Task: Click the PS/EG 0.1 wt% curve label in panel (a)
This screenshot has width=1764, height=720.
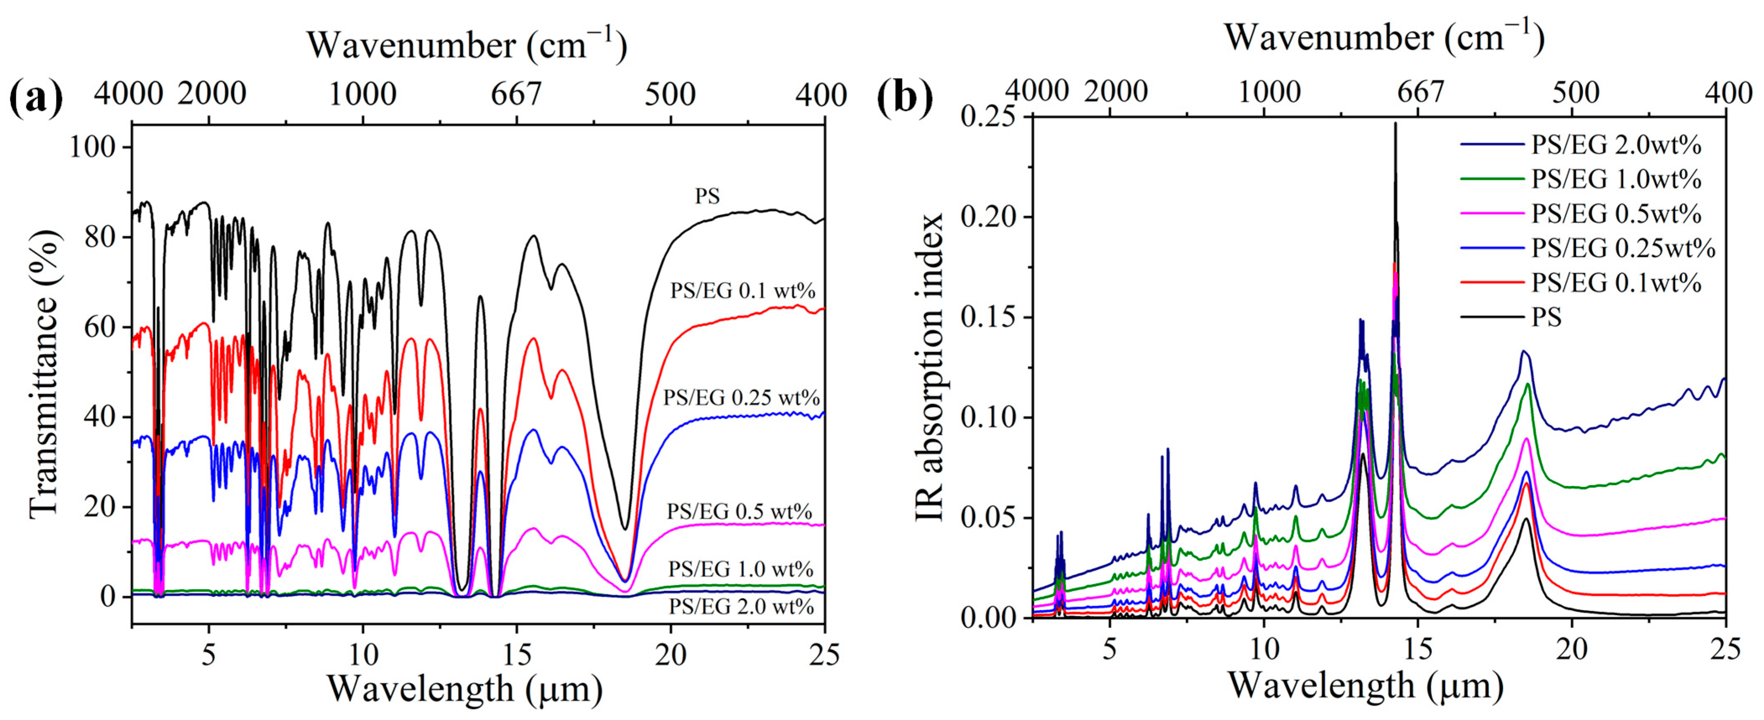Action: coord(743,291)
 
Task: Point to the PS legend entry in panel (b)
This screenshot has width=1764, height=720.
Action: coord(1546,317)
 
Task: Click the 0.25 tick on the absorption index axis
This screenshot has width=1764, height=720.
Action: coord(991,117)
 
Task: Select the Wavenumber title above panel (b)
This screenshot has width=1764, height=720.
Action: coord(1385,38)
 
